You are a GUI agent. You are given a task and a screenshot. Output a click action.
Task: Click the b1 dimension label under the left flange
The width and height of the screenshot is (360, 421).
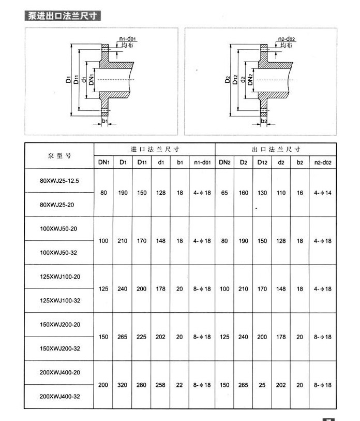(104, 121)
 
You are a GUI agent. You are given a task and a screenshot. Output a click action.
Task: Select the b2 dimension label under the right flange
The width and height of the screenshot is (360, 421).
(264, 121)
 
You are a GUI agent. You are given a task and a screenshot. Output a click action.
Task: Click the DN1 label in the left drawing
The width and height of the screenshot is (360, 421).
(92, 79)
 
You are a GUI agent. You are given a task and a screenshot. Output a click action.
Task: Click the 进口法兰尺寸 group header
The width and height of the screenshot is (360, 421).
(154, 149)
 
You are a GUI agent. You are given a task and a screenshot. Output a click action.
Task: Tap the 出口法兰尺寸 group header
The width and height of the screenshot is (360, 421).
(276, 149)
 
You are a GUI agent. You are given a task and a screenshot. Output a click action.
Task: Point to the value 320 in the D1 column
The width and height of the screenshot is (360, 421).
(123, 385)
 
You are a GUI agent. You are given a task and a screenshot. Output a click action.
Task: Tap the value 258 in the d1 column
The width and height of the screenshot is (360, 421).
(161, 385)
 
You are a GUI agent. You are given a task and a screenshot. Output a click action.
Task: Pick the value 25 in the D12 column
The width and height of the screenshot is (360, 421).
(262, 385)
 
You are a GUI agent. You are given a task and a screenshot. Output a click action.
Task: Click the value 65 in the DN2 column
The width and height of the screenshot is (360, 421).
(224, 193)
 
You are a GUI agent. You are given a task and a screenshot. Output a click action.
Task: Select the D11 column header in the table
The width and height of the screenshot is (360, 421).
(142, 163)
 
